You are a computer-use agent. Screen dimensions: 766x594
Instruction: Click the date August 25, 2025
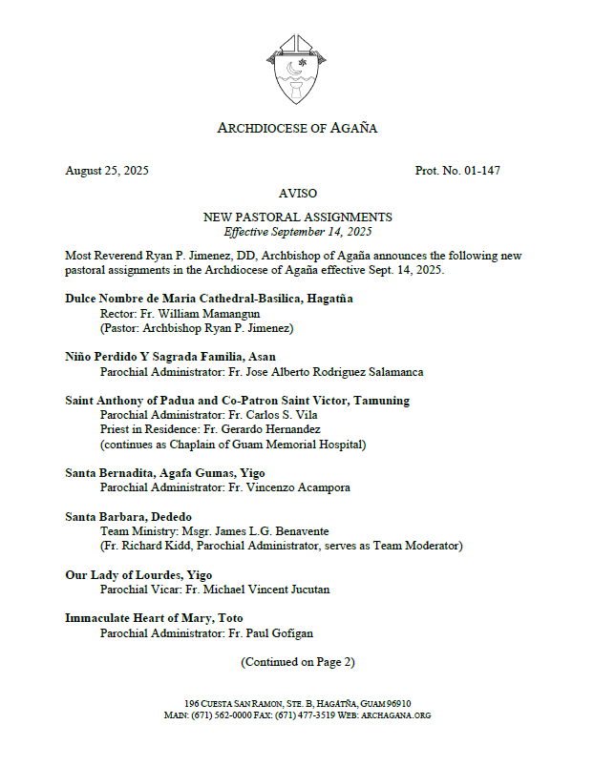pos(107,171)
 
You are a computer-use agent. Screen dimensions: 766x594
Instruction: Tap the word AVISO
pos(297,194)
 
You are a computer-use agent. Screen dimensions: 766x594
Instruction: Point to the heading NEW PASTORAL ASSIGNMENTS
pos(297,217)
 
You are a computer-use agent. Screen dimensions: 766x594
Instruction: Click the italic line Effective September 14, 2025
pos(297,232)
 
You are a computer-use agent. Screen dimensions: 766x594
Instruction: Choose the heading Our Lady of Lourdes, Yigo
pos(138,575)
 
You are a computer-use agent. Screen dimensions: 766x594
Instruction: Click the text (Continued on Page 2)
pos(297,662)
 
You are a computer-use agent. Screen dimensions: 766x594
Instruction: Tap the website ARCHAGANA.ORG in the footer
pos(395,714)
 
